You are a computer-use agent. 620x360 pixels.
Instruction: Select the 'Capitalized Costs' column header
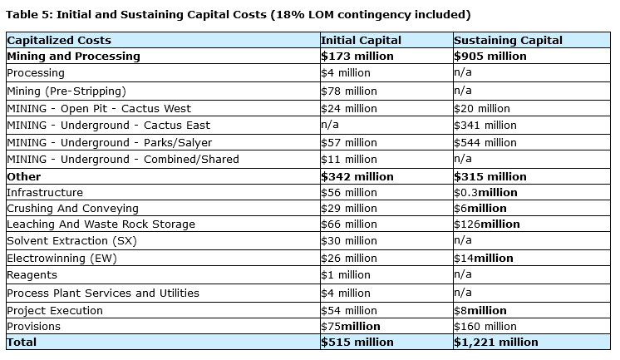pos(59,40)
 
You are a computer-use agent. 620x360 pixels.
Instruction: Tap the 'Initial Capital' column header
pos(361,40)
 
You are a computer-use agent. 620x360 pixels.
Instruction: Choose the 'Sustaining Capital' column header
pos(508,40)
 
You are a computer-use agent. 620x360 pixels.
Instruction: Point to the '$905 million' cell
pos(490,57)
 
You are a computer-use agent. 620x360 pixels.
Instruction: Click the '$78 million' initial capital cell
pos(349,91)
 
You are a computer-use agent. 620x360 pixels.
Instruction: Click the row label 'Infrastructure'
pos(45,192)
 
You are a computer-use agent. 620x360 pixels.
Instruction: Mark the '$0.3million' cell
pos(485,192)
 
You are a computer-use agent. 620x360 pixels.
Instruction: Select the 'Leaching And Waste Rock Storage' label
pos(101,224)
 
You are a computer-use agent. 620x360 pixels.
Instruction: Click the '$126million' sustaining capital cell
pos(487,224)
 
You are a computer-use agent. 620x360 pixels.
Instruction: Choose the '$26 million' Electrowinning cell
pos(349,259)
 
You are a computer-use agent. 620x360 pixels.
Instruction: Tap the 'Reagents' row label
pos(32,275)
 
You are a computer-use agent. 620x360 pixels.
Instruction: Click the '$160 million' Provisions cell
pos(485,327)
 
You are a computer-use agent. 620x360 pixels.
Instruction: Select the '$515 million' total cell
pos(357,342)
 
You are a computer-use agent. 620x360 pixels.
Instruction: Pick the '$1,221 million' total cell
pos(496,342)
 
